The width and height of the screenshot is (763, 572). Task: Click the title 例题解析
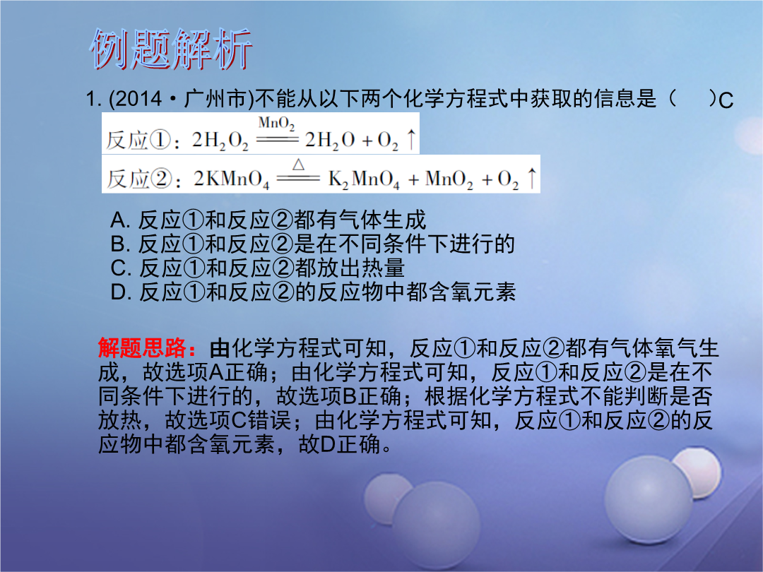click(x=171, y=49)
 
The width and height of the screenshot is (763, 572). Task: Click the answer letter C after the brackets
click(x=726, y=101)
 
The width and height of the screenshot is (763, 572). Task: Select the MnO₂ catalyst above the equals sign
click(x=276, y=124)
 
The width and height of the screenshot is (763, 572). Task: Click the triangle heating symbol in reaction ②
click(x=298, y=165)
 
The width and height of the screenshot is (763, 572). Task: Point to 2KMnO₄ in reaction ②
click(x=231, y=179)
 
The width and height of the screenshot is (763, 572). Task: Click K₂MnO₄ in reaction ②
click(x=364, y=179)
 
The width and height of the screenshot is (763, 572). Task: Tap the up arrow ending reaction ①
click(x=411, y=140)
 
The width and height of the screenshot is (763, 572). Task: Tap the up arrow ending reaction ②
click(x=532, y=178)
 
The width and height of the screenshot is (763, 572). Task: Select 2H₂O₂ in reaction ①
click(x=220, y=141)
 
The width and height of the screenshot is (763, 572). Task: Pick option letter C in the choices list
click(x=119, y=268)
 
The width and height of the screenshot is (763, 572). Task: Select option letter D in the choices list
click(x=119, y=292)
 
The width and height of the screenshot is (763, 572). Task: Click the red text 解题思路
click(x=142, y=348)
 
